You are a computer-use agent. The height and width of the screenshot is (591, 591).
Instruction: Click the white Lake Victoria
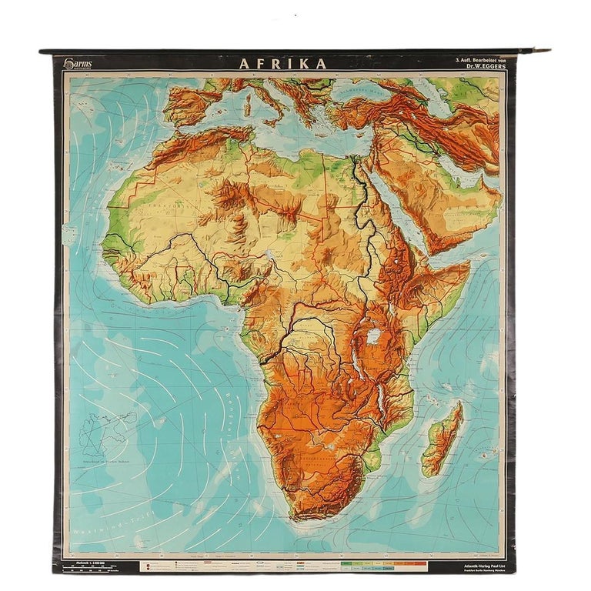(x=375, y=336)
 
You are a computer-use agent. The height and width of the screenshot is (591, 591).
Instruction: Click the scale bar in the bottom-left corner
(x=96, y=566)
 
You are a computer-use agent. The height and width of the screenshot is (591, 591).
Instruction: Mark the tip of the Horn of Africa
(x=469, y=265)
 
